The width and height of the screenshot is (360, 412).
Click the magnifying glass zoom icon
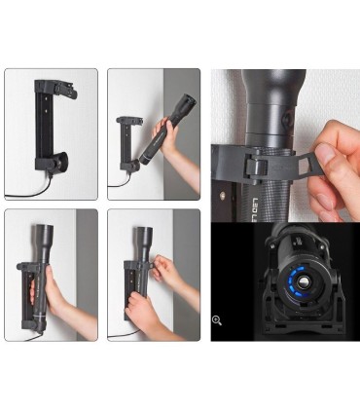(x=216, y=319)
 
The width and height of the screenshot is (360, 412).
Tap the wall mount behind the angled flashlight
(x=128, y=146)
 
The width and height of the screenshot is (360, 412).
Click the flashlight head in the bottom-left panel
(x=45, y=236)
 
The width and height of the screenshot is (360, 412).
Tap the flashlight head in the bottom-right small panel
(x=143, y=236)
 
